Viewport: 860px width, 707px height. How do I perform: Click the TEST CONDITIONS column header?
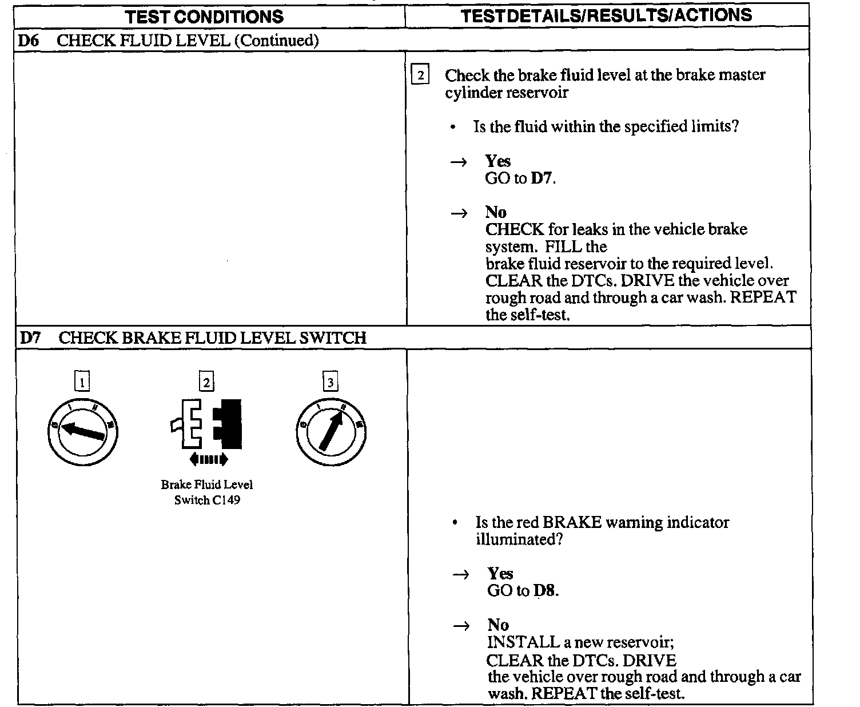point(205,16)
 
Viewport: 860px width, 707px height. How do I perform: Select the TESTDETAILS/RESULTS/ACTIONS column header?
point(606,15)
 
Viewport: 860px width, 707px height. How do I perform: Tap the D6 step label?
point(28,40)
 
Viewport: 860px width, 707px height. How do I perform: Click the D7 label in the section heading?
point(30,337)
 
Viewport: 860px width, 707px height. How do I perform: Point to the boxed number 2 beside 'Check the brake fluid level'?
point(420,76)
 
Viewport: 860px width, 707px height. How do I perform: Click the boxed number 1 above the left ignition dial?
point(82,382)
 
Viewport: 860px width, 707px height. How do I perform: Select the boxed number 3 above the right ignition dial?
point(331,382)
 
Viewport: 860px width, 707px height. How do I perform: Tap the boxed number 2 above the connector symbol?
point(206,382)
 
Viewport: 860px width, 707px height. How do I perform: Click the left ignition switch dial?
point(82,431)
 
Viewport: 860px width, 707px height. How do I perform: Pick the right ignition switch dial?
point(331,431)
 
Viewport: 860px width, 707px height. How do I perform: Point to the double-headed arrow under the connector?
point(208,459)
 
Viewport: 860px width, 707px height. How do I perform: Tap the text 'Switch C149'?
point(207,500)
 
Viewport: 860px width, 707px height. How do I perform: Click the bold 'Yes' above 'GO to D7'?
point(497,161)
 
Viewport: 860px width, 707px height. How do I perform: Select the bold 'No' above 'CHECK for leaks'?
point(496,212)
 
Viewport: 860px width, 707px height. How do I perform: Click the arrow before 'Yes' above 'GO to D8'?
point(461,575)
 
